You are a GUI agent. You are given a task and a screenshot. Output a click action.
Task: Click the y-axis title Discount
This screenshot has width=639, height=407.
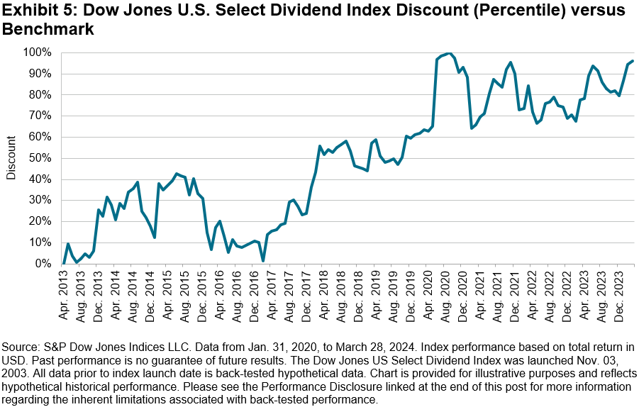[12, 158]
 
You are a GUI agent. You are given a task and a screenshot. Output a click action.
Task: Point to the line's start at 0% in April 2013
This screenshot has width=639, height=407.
[64, 263]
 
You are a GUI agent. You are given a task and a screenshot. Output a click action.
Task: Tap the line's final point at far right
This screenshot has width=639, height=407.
[633, 61]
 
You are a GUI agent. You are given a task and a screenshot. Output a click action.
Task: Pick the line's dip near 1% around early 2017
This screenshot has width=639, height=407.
[262, 261]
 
